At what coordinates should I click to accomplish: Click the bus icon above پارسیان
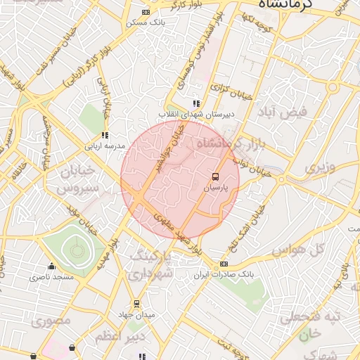(215, 176)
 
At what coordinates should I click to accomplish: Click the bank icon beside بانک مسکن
(146, 12)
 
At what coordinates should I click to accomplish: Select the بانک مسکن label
(146, 22)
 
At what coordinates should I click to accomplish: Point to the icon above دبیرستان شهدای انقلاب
(195, 103)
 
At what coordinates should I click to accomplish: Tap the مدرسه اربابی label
(105, 146)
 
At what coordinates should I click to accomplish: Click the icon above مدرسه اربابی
(105, 135)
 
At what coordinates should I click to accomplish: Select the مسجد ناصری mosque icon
(51, 266)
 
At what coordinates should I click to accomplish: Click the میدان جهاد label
(136, 314)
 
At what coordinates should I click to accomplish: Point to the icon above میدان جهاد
(136, 304)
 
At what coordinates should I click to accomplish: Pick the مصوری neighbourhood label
(52, 322)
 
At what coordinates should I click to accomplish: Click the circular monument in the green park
(75, 250)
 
